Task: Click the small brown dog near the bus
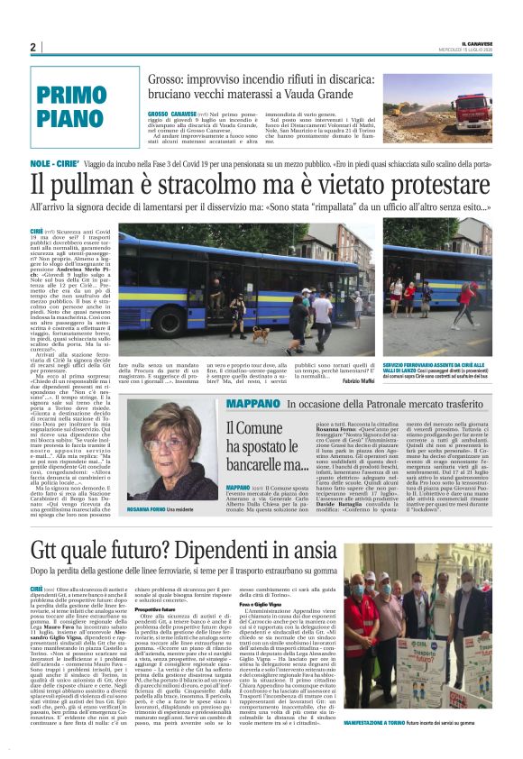click(x=256, y=335)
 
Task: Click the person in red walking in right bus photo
click(x=467, y=297)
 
